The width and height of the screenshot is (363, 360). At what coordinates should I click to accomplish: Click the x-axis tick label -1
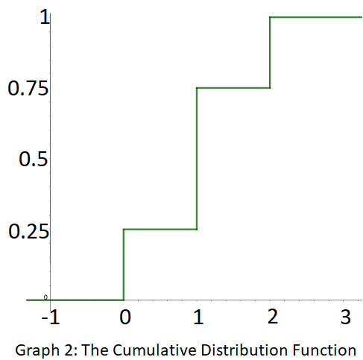pyautogui.click(x=50, y=318)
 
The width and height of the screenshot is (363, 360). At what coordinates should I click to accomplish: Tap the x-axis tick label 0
pyautogui.click(x=124, y=318)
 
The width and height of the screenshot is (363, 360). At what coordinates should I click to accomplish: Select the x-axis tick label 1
pyautogui.click(x=197, y=318)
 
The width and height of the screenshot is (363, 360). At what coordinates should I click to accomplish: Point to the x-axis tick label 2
pyautogui.click(x=271, y=318)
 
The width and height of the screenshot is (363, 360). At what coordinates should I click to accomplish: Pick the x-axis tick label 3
pyautogui.click(x=344, y=318)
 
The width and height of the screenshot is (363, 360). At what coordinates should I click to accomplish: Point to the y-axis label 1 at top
pyautogui.click(x=45, y=18)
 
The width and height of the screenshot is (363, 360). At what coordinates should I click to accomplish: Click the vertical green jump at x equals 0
pyautogui.click(x=123, y=265)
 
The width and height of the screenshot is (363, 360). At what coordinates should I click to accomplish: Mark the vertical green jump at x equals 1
pyautogui.click(x=196, y=158)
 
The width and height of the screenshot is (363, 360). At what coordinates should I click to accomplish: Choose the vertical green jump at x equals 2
pyautogui.click(x=269, y=52)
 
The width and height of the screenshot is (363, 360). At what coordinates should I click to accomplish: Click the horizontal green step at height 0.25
pyautogui.click(x=160, y=229)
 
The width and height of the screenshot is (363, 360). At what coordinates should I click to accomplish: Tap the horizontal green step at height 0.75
pyautogui.click(x=233, y=88)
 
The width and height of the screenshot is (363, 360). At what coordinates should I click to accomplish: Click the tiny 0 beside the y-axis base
pyautogui.click(x=45, y=297)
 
